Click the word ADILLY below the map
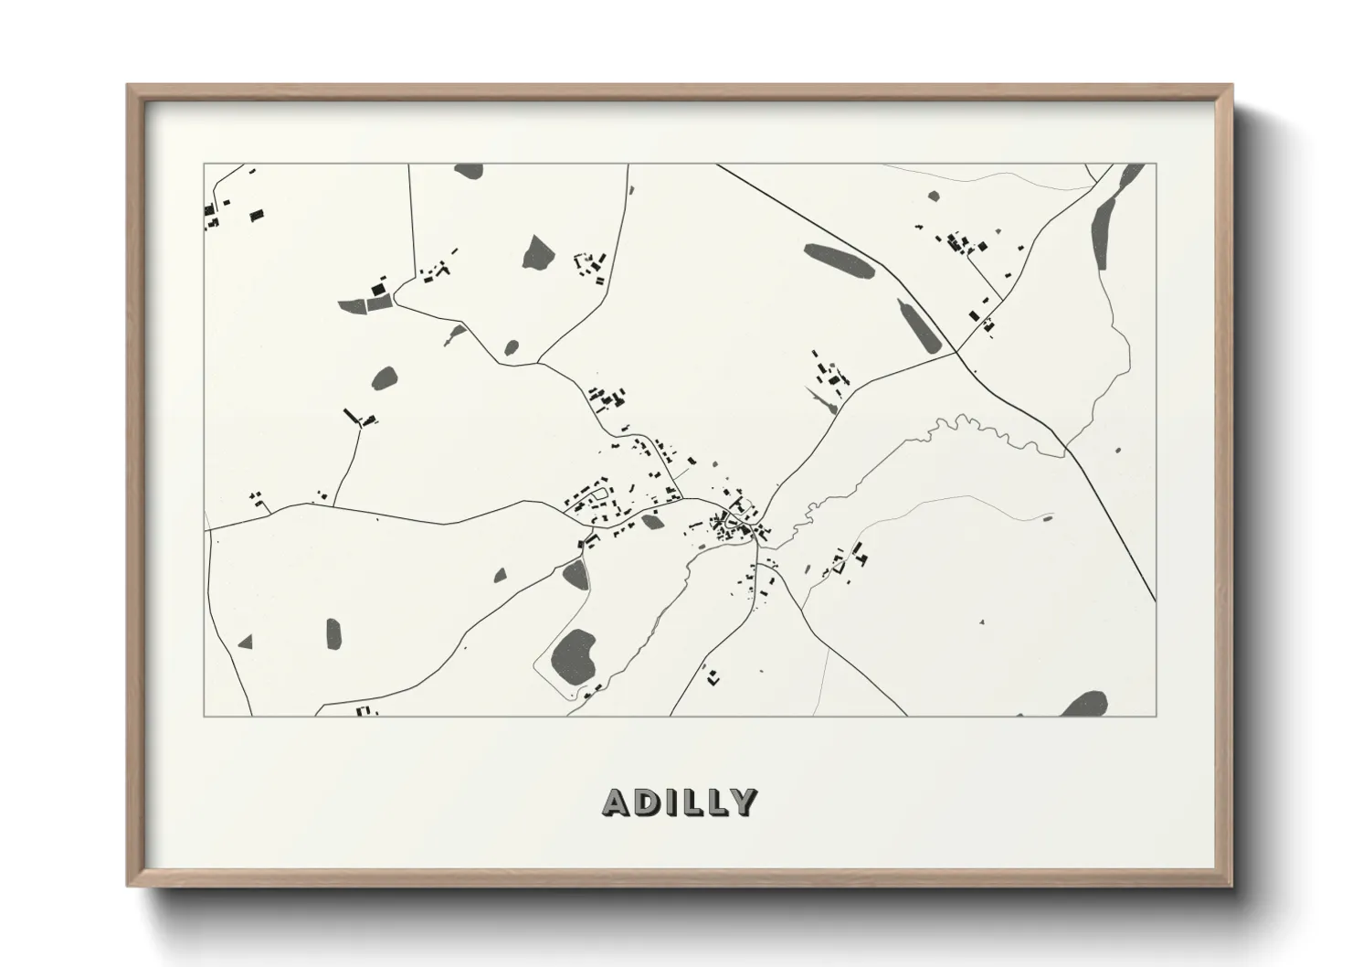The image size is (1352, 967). tap(680, 802)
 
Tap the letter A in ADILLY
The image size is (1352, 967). tap(615, 802)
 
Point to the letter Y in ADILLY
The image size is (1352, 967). tap(745, 802)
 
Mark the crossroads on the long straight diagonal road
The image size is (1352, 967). tap(956, 351)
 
